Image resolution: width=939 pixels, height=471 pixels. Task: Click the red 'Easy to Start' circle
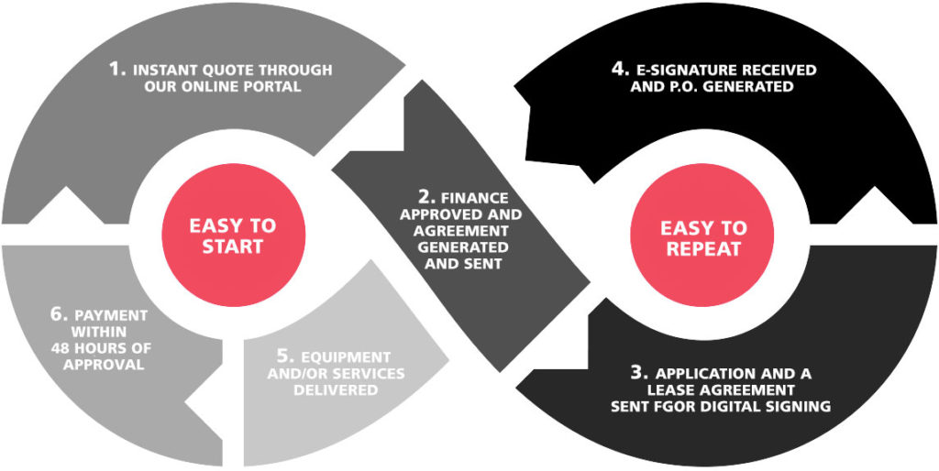tap(233, 235)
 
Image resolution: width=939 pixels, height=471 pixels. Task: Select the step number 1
tap(116, 69)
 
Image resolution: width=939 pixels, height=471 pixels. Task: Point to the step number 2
tap(425, 197)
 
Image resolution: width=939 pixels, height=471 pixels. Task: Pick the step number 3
tap(639, 373)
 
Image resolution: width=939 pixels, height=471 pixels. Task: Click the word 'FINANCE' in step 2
tap(475, 198)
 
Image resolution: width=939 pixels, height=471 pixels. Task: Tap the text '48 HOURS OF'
tap(104, 348)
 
